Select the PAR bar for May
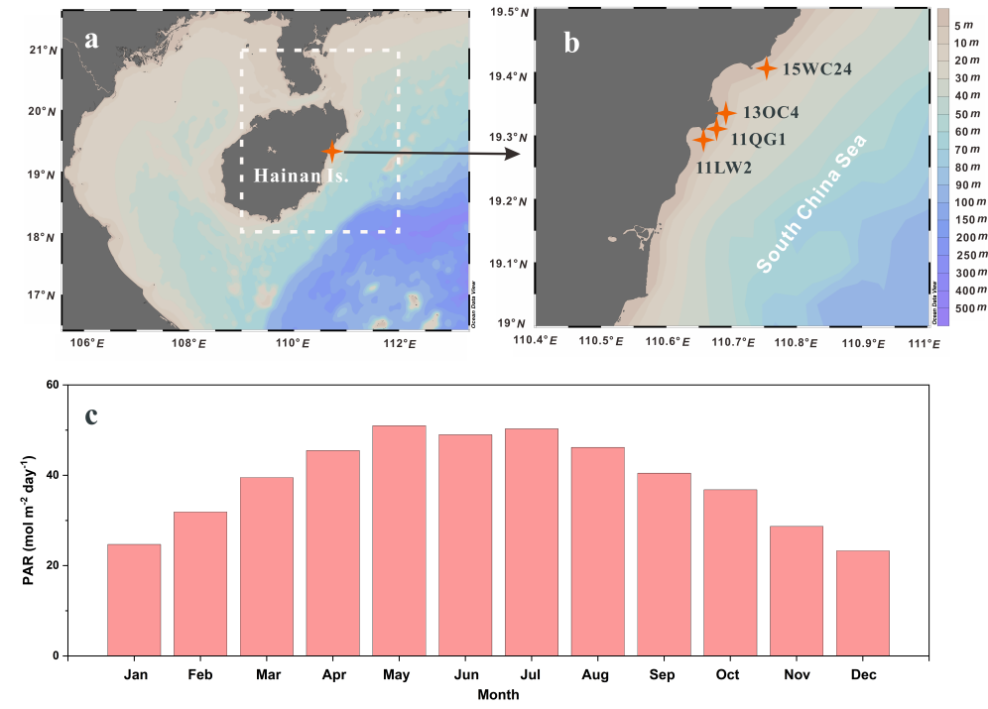pos(399,540)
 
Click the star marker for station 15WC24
pos(766,68)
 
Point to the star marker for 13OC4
pos(725,114)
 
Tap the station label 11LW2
pos(723,168)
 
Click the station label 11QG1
pos(758,139)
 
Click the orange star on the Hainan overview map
pos(331,152)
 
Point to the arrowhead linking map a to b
pos(513,154)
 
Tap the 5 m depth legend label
pos(961,25)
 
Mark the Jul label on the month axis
pos(531,674)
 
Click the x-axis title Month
pos(497,695)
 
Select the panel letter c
pos(91,414)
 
